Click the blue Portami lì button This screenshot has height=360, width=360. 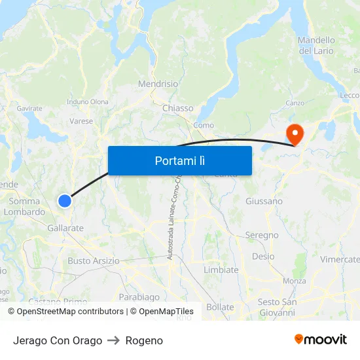point(180,160)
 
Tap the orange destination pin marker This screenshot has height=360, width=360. point(295,135)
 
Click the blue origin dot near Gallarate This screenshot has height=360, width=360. point(65,201)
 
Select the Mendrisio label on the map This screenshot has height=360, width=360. point(158,84)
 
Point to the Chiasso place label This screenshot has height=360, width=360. point(178,108)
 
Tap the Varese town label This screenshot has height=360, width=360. point(81,121)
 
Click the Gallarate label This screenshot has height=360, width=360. point(65,228)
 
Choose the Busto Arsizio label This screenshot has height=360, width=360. point(94,261)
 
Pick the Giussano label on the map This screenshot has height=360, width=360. point(264,201)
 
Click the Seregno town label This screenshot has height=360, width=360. point(262,235)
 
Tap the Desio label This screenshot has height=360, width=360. point(263,256)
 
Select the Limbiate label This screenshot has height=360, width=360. point(221,270)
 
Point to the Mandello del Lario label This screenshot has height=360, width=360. point(316,45)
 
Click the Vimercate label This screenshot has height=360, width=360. point(340,259)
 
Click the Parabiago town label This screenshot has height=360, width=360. point(139,297)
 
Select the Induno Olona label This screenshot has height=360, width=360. point(88,101)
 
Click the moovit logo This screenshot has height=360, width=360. point(321,339)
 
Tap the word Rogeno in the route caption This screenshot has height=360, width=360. point(144,340)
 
